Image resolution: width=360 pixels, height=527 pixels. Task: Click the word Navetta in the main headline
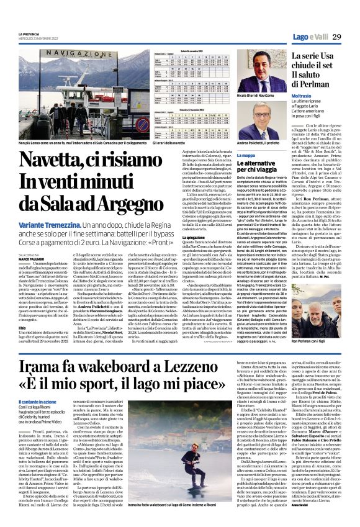[55, 164]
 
